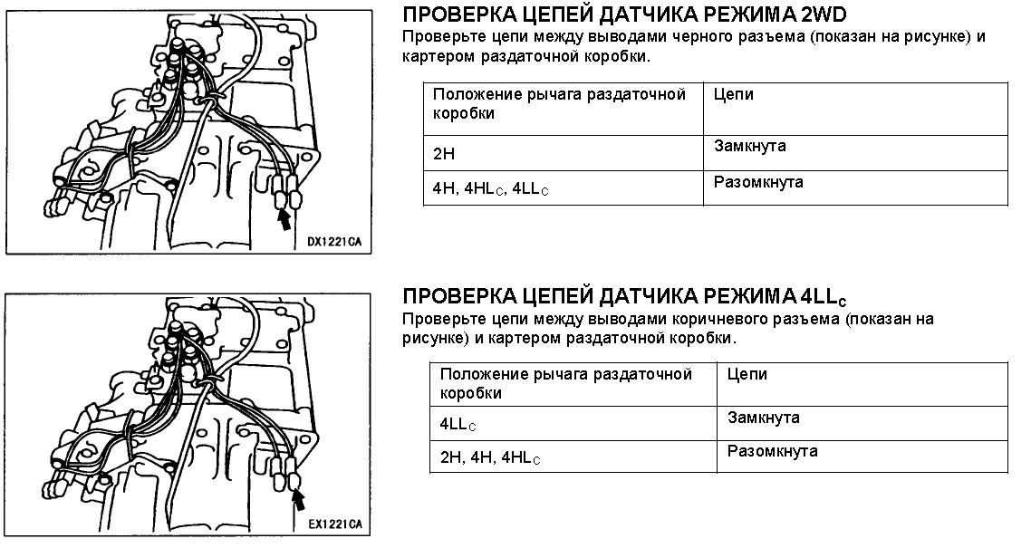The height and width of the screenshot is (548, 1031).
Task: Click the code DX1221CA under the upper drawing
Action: (x=334, y=242)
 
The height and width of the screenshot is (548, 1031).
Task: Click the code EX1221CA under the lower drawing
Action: (x=335, y=524)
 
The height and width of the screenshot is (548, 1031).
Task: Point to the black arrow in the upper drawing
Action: (x=284, y=219)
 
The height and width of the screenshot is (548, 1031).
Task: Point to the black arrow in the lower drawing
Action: (x=299, y=501)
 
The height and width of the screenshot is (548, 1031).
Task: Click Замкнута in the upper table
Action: (x=749, y=146)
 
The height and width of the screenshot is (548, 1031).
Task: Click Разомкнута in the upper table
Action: (x=758, y=182)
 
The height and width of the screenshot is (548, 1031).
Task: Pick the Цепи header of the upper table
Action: (x=734, y=95)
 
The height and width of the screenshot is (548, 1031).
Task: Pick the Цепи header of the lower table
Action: (x=747, y=375)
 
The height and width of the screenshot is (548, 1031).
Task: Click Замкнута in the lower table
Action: (x=764, y=418)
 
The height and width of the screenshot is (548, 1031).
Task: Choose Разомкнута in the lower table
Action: (x=773, y=451)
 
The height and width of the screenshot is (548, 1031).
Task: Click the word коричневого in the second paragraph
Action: (x=718, y=320)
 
